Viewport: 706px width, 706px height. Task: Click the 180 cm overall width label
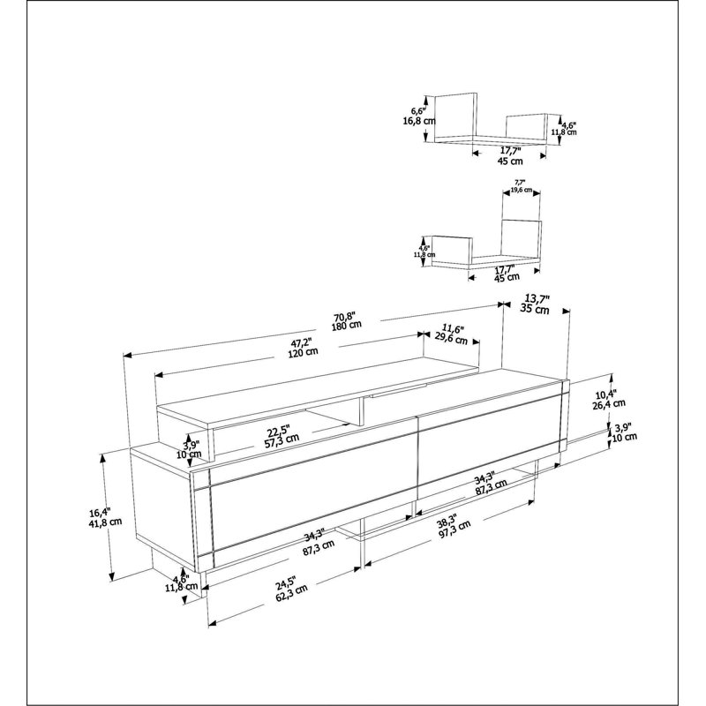347,325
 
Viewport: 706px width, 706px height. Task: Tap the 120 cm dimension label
303,351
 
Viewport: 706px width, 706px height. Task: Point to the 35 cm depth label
535,309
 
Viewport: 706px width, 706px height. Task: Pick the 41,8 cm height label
105,522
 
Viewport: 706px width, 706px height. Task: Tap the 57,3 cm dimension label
282,439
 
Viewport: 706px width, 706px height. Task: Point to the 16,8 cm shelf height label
418,121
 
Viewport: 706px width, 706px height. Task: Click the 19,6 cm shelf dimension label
522,190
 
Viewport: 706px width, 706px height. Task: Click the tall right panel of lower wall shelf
521,238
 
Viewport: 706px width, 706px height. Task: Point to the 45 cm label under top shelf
510,161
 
